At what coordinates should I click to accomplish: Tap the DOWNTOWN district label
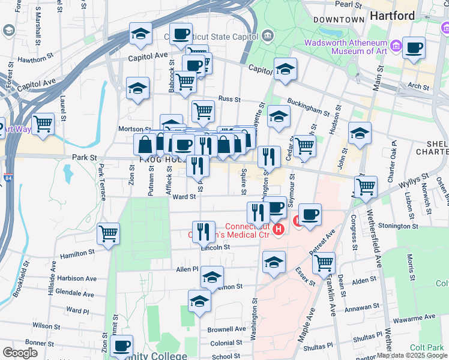[x=339, y=20]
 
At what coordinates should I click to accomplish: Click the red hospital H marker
[x=277, y=229]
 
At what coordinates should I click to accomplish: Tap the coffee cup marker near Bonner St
[x=122, y=346]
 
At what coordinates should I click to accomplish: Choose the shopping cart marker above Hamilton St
[x=108, y=233]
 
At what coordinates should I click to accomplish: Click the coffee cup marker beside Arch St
[x=413, y=48]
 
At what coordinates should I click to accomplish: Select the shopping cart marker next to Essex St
[x=324, y=262]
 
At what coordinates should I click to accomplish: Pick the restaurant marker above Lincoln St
[x=203, y=231]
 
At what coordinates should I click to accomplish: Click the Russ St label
[x=229, y=99]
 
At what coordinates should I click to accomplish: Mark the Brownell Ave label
[x=226, y=329]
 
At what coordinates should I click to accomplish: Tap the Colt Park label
[x=428, y=347]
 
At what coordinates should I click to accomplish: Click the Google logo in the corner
[x=20, y=353]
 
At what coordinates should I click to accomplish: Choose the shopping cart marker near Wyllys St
[x=366, y=187]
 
